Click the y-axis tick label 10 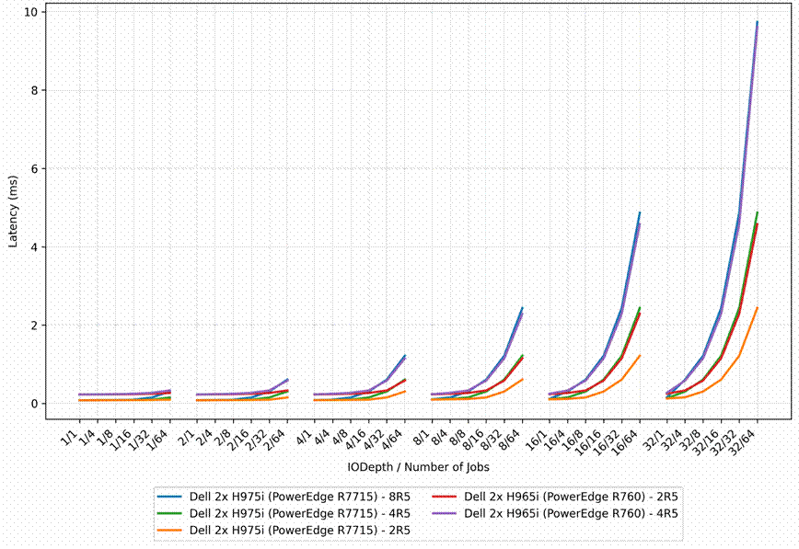30,12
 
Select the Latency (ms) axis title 13,212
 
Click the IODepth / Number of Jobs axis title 418,467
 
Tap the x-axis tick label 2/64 277,439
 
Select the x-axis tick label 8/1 423,436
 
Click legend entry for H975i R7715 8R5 284,497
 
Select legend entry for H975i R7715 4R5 284,513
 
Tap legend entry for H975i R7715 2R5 284,531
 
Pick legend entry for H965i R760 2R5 555,497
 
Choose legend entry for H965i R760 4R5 555,513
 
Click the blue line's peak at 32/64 758,22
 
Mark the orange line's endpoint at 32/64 758,307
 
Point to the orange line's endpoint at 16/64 640,356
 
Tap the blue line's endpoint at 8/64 522,307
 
